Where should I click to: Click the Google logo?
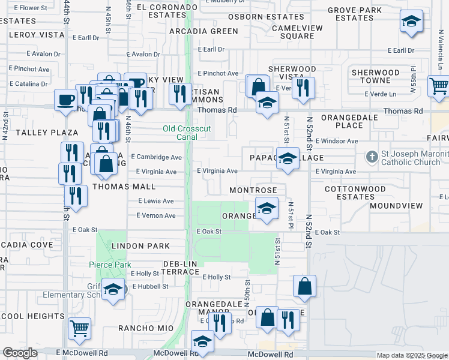[x=20, y=353]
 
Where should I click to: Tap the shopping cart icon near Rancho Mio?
[x=80, y=328]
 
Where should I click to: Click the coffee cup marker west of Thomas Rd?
[x=65, y=99]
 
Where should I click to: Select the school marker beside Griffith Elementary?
[x=112, y=289]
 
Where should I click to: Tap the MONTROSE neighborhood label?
[x=253, y=190]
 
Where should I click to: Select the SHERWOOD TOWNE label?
[x=376, y=76]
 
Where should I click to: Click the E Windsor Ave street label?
[x=336, y=141]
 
